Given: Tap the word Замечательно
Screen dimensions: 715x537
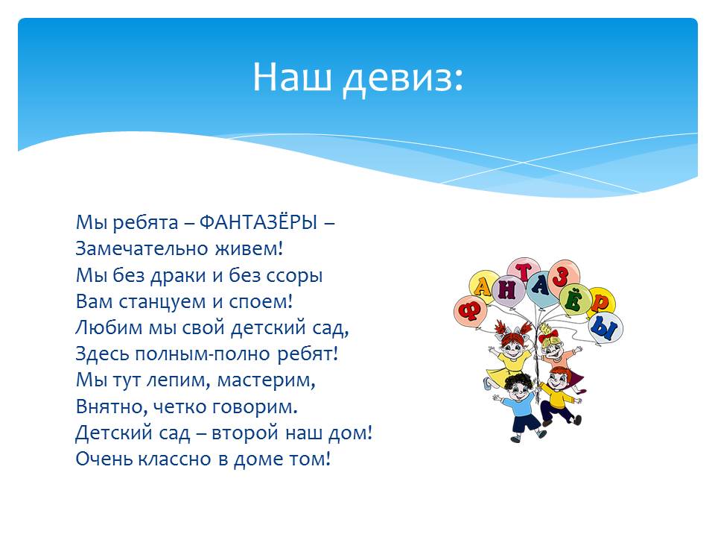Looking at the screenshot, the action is [140, 248].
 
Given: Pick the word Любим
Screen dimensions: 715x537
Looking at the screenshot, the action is [109, 328].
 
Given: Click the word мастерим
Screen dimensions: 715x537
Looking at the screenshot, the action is [266, 380].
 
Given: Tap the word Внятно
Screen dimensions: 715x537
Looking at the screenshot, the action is [112, 407].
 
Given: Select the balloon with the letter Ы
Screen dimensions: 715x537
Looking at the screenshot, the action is [606, 327].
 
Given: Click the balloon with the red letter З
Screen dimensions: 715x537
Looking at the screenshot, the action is [564, 276].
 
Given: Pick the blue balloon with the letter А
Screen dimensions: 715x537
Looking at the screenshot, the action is [541, 287].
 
